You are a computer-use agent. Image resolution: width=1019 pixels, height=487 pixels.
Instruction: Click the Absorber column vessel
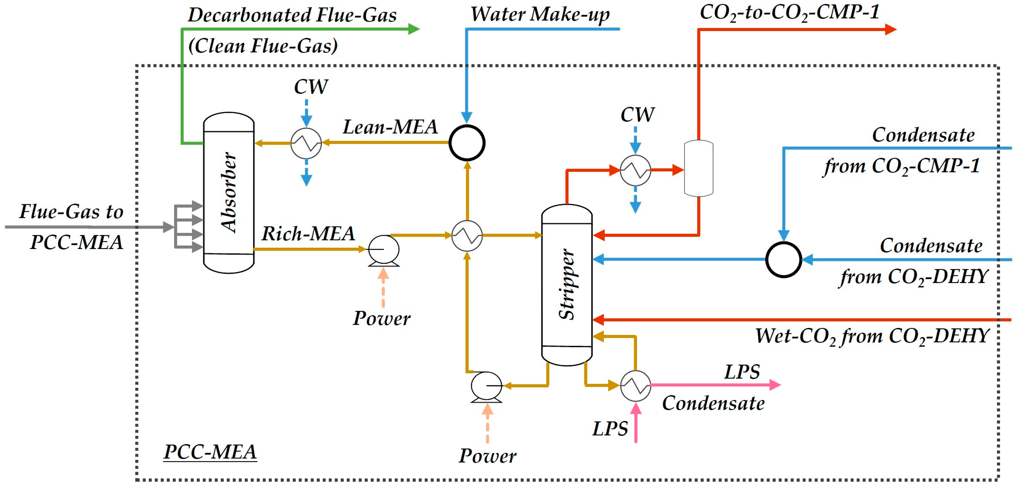coord(229,193)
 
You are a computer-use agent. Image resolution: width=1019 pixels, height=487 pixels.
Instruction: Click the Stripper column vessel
coord(566,285)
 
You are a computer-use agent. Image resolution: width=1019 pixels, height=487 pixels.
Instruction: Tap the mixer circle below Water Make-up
coord(467,143)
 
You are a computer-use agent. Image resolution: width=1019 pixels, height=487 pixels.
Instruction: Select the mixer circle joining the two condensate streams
coord(783,260)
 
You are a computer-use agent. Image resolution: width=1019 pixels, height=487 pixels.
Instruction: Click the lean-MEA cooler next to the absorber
coord(306,143)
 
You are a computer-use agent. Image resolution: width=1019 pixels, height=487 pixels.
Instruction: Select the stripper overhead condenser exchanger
coord(635,170)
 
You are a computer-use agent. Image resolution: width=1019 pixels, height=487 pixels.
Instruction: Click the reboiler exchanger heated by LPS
coord(635,386)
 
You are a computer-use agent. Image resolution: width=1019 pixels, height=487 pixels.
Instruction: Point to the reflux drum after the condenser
coord(699,168)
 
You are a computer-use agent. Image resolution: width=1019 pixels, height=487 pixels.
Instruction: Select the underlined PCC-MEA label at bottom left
coord(210,452)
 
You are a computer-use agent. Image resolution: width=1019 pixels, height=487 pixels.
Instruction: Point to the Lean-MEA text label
coord(390,127)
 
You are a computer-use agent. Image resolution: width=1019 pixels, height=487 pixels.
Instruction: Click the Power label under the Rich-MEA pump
coord(382,318)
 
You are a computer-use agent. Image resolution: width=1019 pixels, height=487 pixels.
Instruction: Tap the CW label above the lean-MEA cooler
coord(311,87)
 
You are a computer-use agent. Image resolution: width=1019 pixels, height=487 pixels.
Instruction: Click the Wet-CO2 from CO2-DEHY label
coord(872,336)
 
